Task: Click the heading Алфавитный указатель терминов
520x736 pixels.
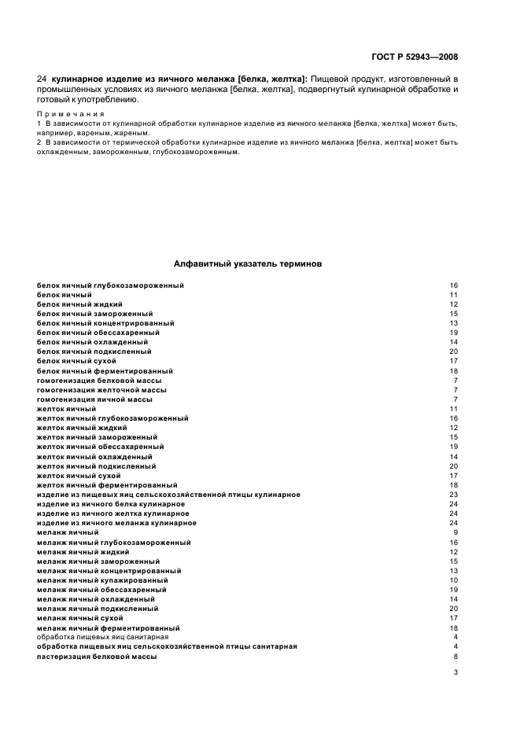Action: [247, 265]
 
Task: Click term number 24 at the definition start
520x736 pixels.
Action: [42, 80]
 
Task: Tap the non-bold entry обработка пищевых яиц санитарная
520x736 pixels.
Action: [98, 638]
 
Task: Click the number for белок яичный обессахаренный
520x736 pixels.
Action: [453, 333]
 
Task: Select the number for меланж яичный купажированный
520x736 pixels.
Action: [453, 580]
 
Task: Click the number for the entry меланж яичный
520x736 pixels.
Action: [455, 533]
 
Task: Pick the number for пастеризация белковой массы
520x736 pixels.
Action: [455, 657]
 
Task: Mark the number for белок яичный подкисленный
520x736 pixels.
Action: [453, 351]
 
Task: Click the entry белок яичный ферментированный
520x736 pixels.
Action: [105, 371]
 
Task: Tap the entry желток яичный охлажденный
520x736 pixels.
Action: [94, 457]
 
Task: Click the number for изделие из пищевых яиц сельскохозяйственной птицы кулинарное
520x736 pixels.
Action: [453, 495]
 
